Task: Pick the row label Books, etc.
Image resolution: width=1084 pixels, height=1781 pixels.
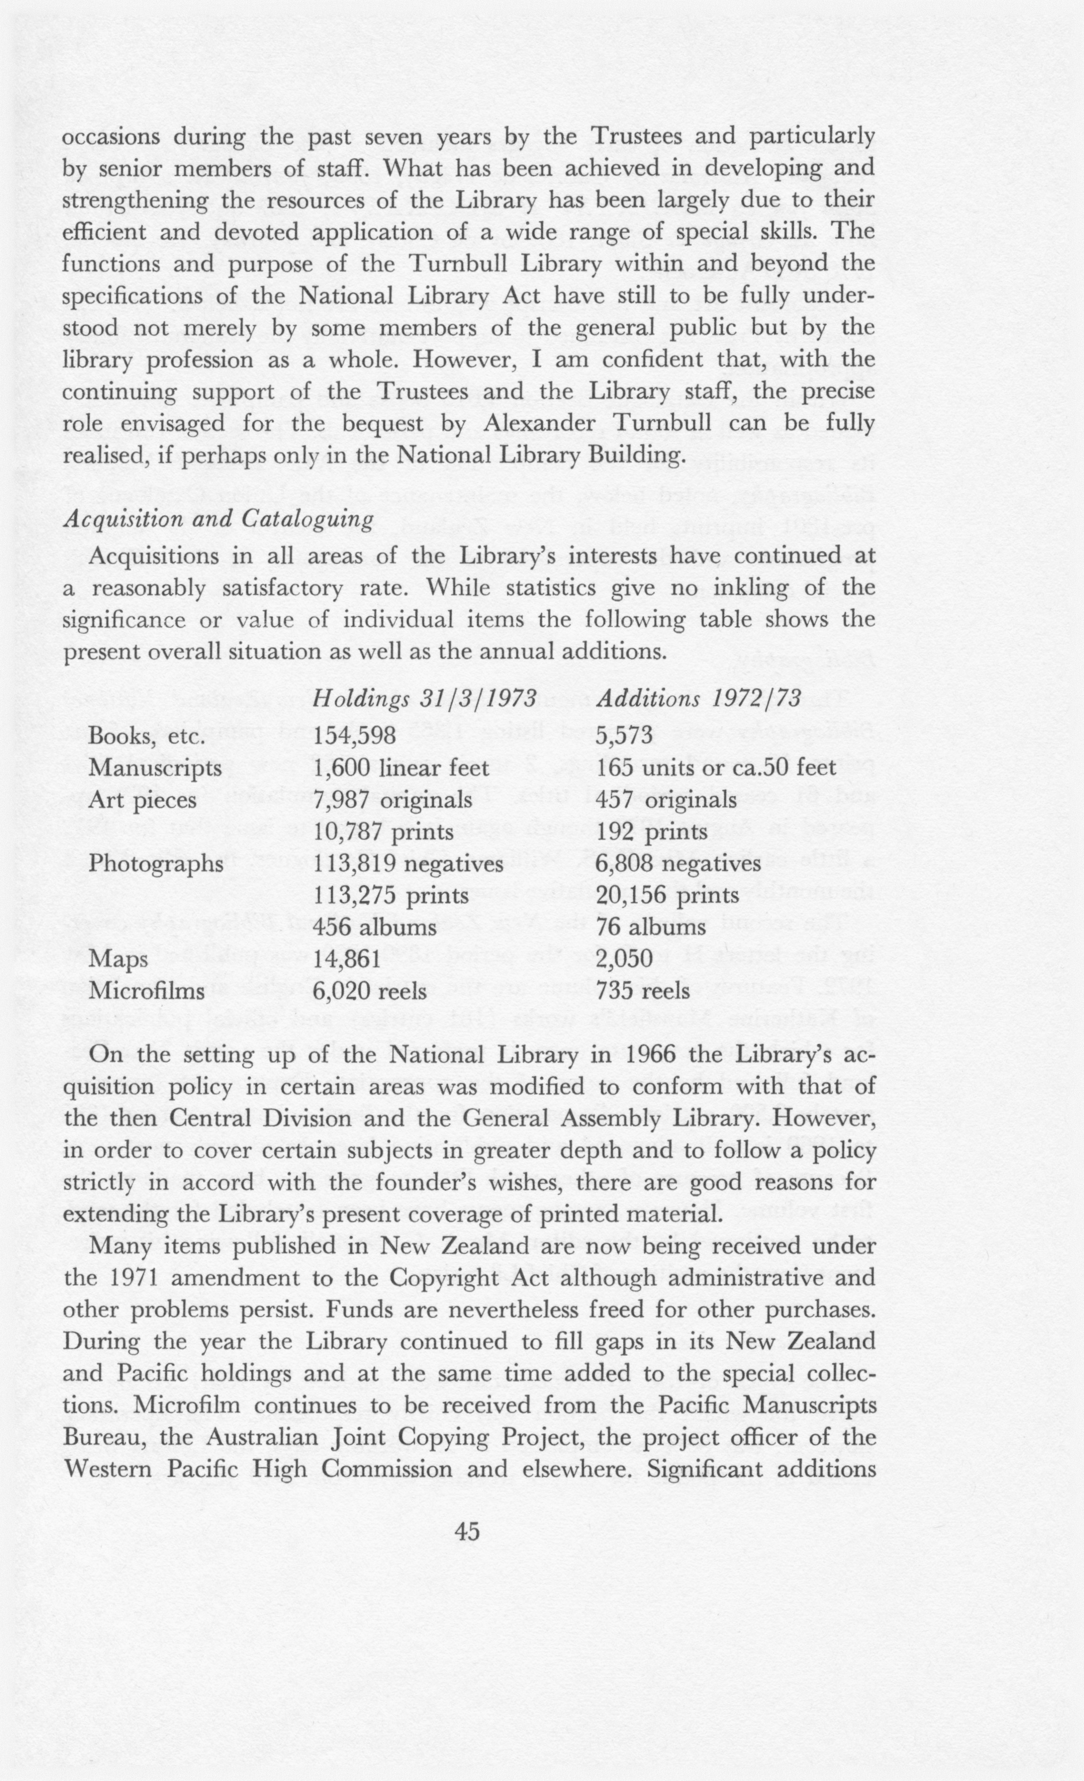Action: pyautogui.click(x=147, y=736)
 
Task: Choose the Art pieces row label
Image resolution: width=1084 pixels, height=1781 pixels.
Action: pyautogui.click(x=143, y=800)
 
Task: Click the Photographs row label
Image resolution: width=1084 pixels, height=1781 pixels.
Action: pyautogui.click(x=155, y=864)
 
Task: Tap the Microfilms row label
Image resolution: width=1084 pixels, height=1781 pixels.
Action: pyautogui.click(x=147, y=991)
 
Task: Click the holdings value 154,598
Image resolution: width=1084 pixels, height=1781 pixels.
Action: pyautogui.click(x=355, y=736)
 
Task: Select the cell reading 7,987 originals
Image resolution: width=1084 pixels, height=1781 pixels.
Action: pyautogui.click(x=393, y=800)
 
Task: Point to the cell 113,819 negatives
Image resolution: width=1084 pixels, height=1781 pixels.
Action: pyautogui.click(x=408, y=864)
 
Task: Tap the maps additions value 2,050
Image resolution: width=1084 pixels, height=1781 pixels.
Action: pyautogui.click(x=625, y=959)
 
